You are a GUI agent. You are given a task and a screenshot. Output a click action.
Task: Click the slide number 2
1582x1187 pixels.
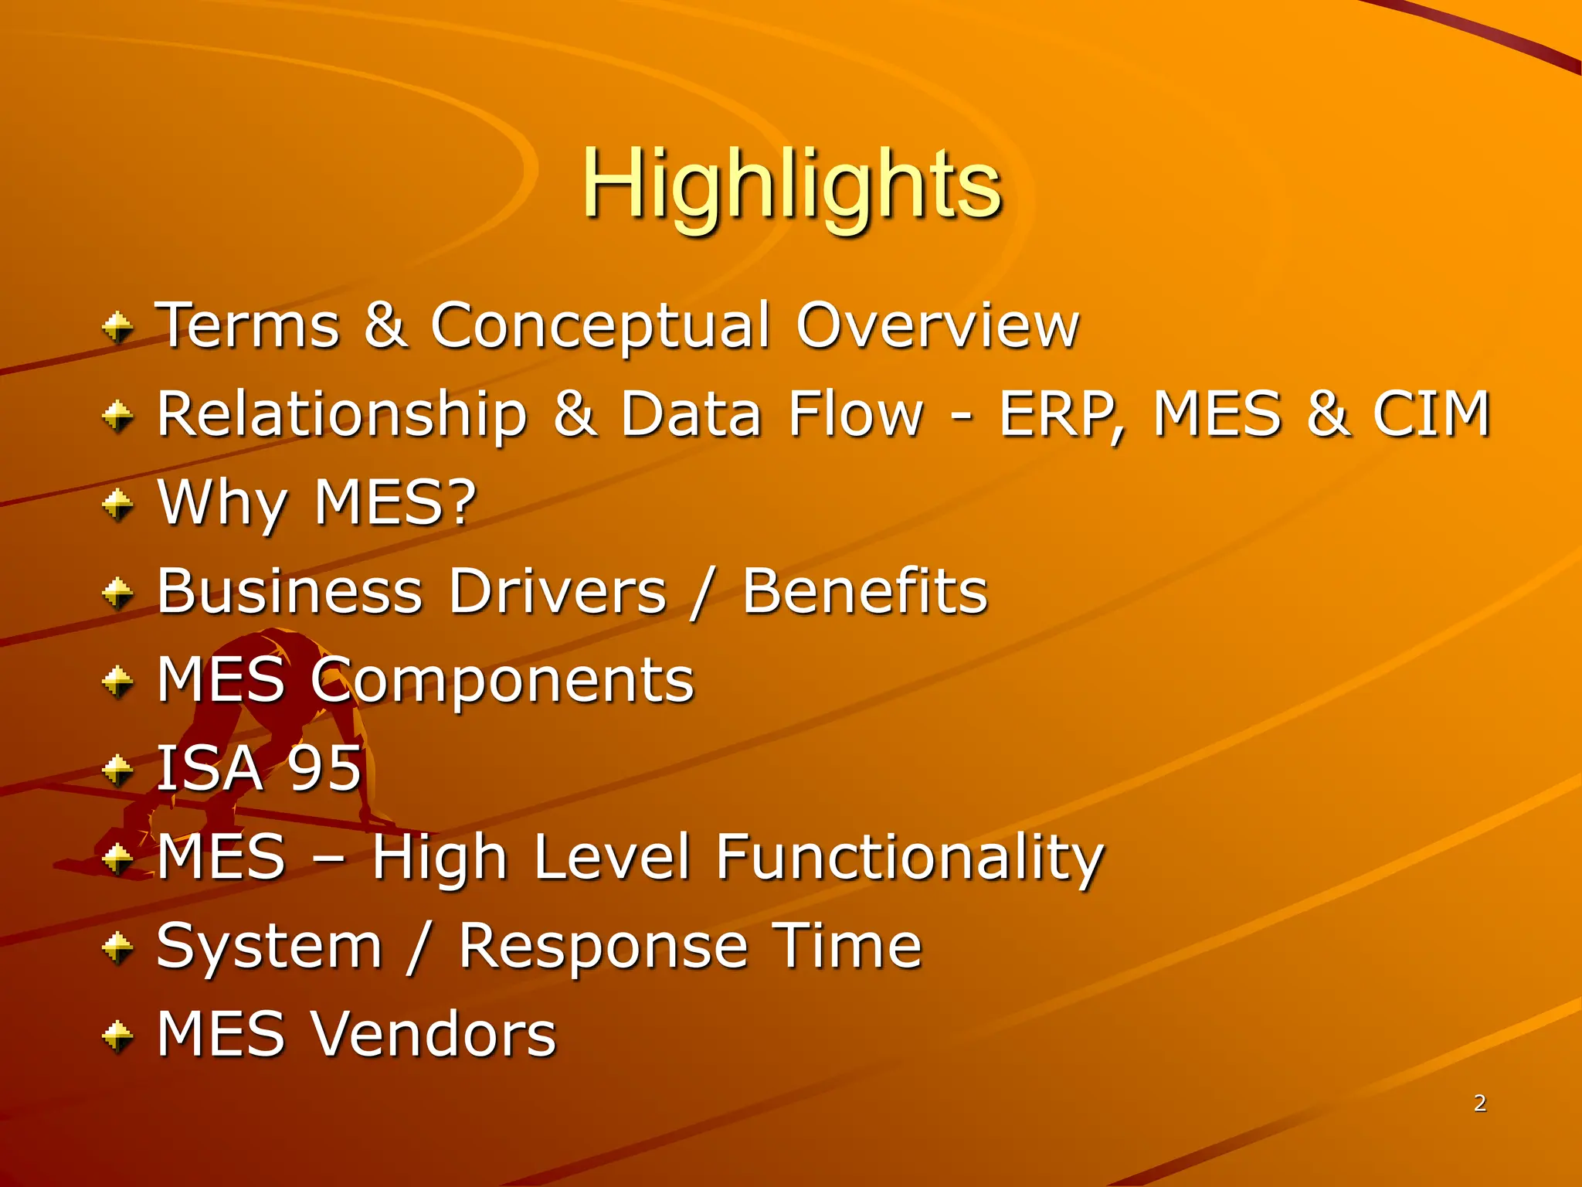(1479, 1103)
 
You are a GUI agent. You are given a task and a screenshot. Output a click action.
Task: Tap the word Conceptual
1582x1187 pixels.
(600, 326)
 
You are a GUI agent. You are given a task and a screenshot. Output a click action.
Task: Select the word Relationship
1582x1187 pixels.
(342, 415)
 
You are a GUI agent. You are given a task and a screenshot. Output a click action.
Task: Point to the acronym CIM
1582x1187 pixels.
(1431, 415)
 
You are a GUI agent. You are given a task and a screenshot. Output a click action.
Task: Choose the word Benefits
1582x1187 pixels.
(864, 592)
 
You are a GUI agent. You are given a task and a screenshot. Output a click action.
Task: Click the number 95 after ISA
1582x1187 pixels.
(324, 768)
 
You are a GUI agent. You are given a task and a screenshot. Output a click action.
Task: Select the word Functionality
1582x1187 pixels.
(909, 858)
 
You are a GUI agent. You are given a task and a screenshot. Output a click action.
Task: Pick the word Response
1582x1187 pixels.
(603, 947)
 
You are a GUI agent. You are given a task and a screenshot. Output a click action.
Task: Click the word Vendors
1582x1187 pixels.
(433, 1034)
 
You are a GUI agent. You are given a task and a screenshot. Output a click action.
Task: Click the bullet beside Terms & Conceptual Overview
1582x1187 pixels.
(118, 328)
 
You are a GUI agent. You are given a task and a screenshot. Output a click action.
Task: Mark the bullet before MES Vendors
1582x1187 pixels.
(118, 1036)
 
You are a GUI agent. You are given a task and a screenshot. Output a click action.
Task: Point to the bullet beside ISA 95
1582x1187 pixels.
(118, 770)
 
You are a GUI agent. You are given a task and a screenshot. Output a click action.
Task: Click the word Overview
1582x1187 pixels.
(937, 326)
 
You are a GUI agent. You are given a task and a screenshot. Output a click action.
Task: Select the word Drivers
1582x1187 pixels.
(557, 592)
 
